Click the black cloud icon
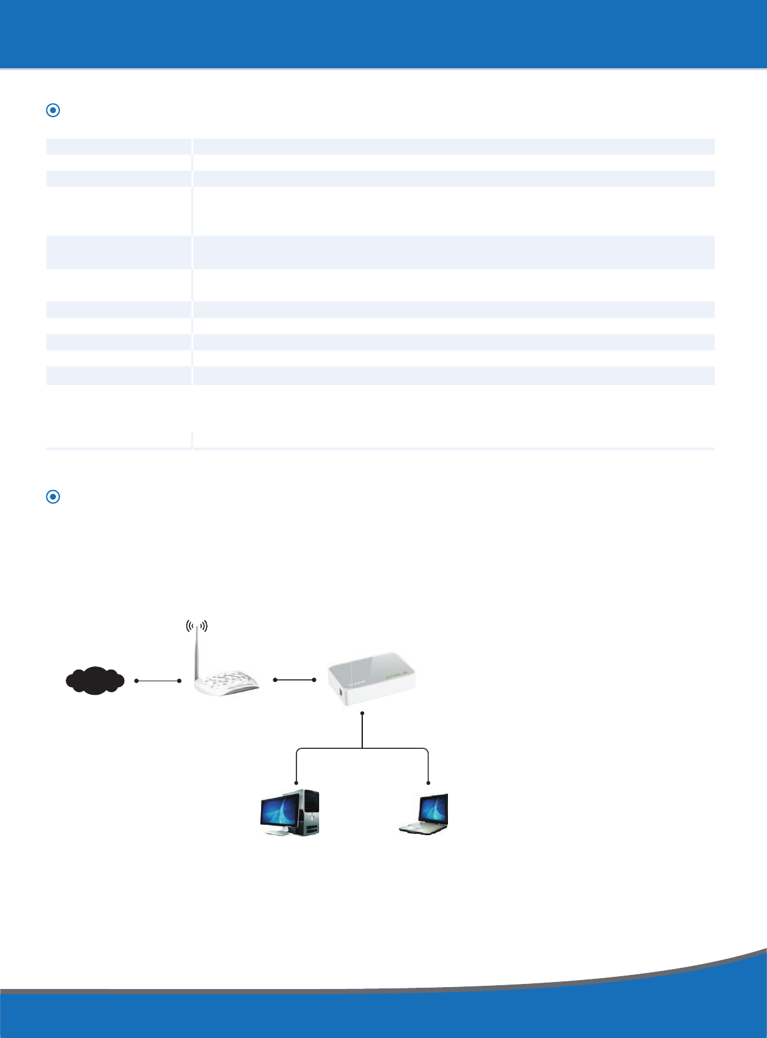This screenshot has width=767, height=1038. (95, 681)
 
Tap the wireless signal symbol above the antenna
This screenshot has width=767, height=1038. (197, 626)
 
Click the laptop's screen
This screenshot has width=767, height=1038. (434, 809)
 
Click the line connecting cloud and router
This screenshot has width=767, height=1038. (158, 681)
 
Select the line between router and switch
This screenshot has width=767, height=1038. (295, 680)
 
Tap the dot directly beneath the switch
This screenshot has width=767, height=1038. (363, 713)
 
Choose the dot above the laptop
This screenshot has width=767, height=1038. (428, 783)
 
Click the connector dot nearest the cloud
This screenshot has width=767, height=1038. (136, 681)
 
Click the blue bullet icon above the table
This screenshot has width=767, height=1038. (53, 110)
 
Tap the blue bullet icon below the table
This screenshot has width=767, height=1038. (53, 496)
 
